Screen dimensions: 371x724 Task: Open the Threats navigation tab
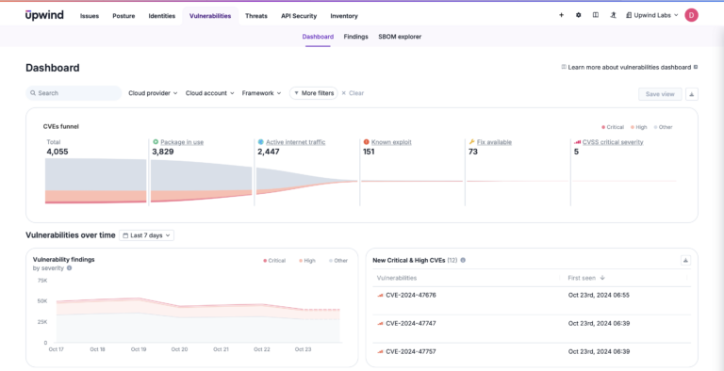(x=255, y=16)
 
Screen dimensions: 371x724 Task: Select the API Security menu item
(x=299, y=16)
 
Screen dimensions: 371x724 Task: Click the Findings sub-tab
(x=355, y=37)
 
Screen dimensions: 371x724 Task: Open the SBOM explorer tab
(x=400, y=37)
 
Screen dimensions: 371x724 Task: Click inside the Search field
(x=75, y=93)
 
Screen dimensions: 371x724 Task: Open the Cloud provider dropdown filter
(x=153, y=93)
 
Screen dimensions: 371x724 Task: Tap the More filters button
(x=313, y=93)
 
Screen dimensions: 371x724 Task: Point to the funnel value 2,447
(x=269, y=152)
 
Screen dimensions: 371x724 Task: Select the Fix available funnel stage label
(x=494, y=142)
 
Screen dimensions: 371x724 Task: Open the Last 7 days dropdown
(x=147, y=235)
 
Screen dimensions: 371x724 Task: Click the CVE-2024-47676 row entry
(x=410, y=295)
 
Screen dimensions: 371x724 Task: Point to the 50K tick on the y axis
(x=42, y=301)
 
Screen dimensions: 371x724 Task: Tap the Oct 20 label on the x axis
(x=179, y=349)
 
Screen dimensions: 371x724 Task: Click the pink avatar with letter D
(x=692, y=15)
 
